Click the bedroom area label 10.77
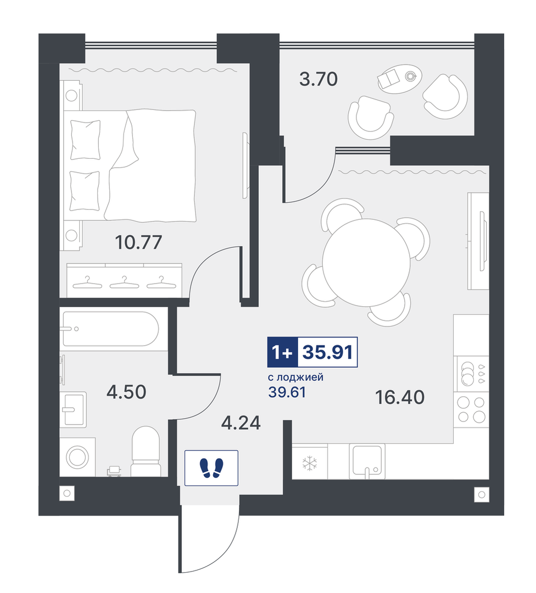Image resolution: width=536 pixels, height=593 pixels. click(138, 242)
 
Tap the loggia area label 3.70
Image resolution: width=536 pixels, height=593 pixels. click(319, 80)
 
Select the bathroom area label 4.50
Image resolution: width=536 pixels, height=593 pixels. click(126, 392)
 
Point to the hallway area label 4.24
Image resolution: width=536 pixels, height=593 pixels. click(241, 423)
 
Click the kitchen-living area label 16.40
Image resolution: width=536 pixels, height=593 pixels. click(400, 397)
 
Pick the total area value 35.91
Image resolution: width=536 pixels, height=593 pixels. click(328, 352)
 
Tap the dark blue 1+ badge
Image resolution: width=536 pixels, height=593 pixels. click(283, 352)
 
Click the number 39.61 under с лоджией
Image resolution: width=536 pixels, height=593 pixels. click(287, 392)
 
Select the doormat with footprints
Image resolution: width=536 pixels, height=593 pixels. click(211, 468)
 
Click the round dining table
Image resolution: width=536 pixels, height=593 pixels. click(366, 263)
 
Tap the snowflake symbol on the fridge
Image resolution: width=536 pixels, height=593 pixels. click(310, 463)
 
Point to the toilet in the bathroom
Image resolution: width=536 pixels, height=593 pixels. click(146, 451)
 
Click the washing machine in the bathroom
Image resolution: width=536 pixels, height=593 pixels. click(77, 457)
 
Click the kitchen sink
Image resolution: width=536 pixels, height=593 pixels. click(367, 460)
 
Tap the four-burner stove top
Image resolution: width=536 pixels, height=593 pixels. click(471, 409)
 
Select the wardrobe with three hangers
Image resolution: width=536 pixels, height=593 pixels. click(124, 280)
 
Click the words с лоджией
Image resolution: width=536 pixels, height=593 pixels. click(295, 378)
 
